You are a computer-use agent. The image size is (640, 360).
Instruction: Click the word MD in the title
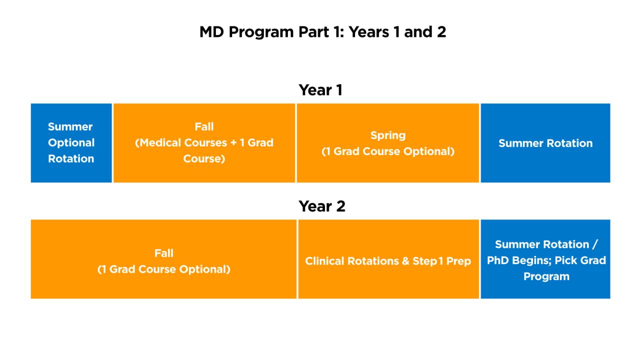(x=211, y=32)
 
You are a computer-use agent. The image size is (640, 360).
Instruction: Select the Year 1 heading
(x=320, y=90)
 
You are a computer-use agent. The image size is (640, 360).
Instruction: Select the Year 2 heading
(x=321, y=206)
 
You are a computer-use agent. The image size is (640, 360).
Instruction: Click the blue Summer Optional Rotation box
(x=71, y=143)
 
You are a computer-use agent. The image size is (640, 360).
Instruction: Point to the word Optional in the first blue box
(x=71, y=143)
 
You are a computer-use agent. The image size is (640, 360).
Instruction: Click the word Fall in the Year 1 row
(x=204, y=126)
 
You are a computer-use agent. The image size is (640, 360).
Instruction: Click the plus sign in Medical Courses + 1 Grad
(x=233, y=143)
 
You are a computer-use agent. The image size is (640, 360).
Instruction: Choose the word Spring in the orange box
(x=387, y=135)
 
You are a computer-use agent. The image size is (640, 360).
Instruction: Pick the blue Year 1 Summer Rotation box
(x=545, y=143)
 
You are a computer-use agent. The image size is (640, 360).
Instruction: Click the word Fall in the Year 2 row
(x=163, y=253)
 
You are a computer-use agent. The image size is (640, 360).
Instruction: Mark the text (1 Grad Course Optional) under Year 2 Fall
(x=163, y=269)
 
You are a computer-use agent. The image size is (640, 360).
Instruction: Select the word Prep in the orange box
(x=458, y=261)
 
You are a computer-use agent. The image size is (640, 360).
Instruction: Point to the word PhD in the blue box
(x=498, y=260)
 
